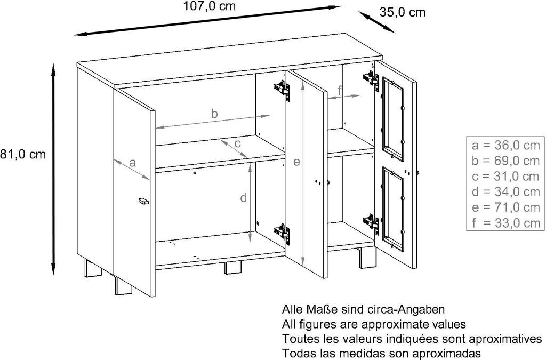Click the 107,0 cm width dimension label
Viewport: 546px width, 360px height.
(x=208, y=6)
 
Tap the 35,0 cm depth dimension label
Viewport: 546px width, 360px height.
(x=403, y=12)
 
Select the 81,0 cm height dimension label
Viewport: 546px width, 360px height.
(x=23, y=155)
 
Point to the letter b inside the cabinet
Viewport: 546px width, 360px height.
(x=214, y=113)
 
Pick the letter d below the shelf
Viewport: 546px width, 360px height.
(x=243, y=198)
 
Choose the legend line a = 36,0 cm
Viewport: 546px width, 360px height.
(x=505, y=145)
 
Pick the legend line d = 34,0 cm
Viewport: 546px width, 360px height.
(x=505, y=191)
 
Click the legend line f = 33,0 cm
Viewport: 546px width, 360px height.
(x=505, y=223)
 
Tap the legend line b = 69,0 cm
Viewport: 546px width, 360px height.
(x=505, y=161)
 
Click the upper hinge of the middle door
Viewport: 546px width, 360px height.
(x=283, y=89)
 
